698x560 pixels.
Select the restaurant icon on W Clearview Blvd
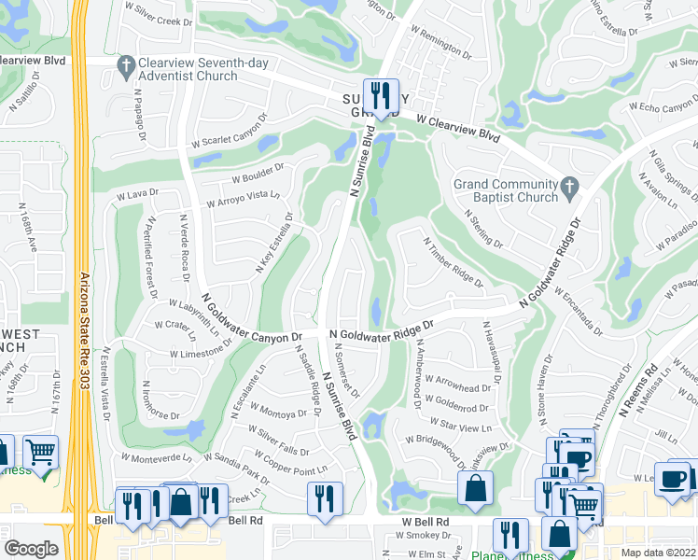[381, 94]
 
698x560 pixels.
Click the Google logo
[31, 549]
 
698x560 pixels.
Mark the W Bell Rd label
[426, 522]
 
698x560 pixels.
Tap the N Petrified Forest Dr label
[150, 258]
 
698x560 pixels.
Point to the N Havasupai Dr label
[493, 351]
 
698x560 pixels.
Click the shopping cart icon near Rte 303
[41, 453]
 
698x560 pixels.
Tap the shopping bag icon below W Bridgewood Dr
[475, 487]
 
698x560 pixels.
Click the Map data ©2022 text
[658, 552]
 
